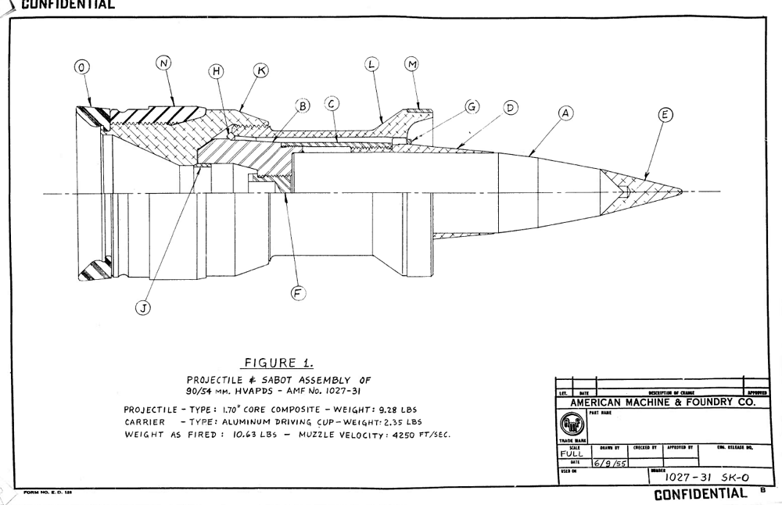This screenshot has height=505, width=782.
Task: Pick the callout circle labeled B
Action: tap(302, 104)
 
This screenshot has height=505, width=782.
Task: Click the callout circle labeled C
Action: tap(332, 102)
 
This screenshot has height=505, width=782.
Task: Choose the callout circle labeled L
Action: tap(372, 65)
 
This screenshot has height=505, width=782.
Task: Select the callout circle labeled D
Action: tap(510, 107)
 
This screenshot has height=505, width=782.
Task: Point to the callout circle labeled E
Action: tap(665, 115)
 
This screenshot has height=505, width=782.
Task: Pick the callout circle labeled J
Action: tap(143, 307)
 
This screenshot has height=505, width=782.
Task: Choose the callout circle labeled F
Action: tap(298, 293)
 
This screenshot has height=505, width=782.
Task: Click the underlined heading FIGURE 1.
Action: tap(279, 363)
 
